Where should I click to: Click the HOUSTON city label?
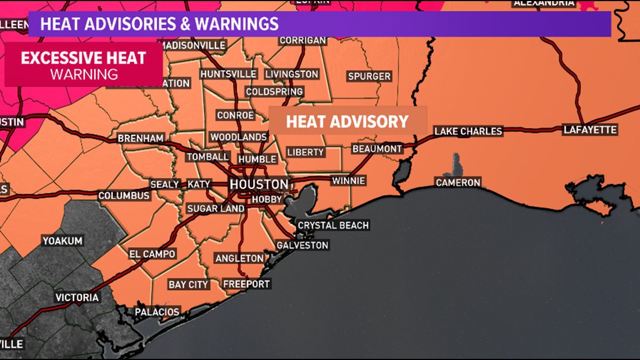click(x=259, y=185)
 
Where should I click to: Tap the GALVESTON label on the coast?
click(x=302, y=245)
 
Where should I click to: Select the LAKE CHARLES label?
click(x=468, y=131)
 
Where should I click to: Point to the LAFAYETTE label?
click(x=590, y=130)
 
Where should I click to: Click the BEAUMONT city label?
click(x=377, y=149)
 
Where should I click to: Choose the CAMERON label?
click(x=458, y=183)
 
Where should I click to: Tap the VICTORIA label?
click(x=77, y=298)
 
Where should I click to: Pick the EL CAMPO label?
click(x=152, y=254)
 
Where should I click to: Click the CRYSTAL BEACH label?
click(x=333, y=225)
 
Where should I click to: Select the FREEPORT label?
click(x=246, y=284)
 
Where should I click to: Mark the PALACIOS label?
click(x=157, y=312)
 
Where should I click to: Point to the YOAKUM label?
click(x=62, y=241)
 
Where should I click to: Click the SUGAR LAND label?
click(x=216, y=209)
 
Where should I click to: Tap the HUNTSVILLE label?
click(x=228, y=74)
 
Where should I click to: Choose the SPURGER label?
click(x=369, y=76)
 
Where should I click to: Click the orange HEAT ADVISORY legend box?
click(x=348, y=121)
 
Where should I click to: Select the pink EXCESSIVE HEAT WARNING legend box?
click(x=84, y=65)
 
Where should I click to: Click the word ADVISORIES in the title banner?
click(x=121, y=24)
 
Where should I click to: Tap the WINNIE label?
click(x=348, y=181)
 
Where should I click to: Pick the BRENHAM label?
click(x=141, y=138)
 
